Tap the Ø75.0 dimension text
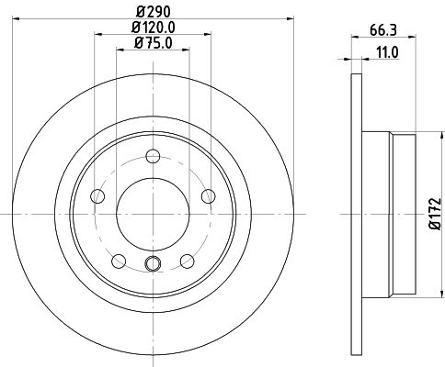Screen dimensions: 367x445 click(152, 42)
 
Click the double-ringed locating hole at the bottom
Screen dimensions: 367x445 click(153, 264)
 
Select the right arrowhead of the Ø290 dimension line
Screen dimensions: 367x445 click(284, 17)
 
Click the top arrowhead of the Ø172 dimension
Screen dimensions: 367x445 click(426, 135)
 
